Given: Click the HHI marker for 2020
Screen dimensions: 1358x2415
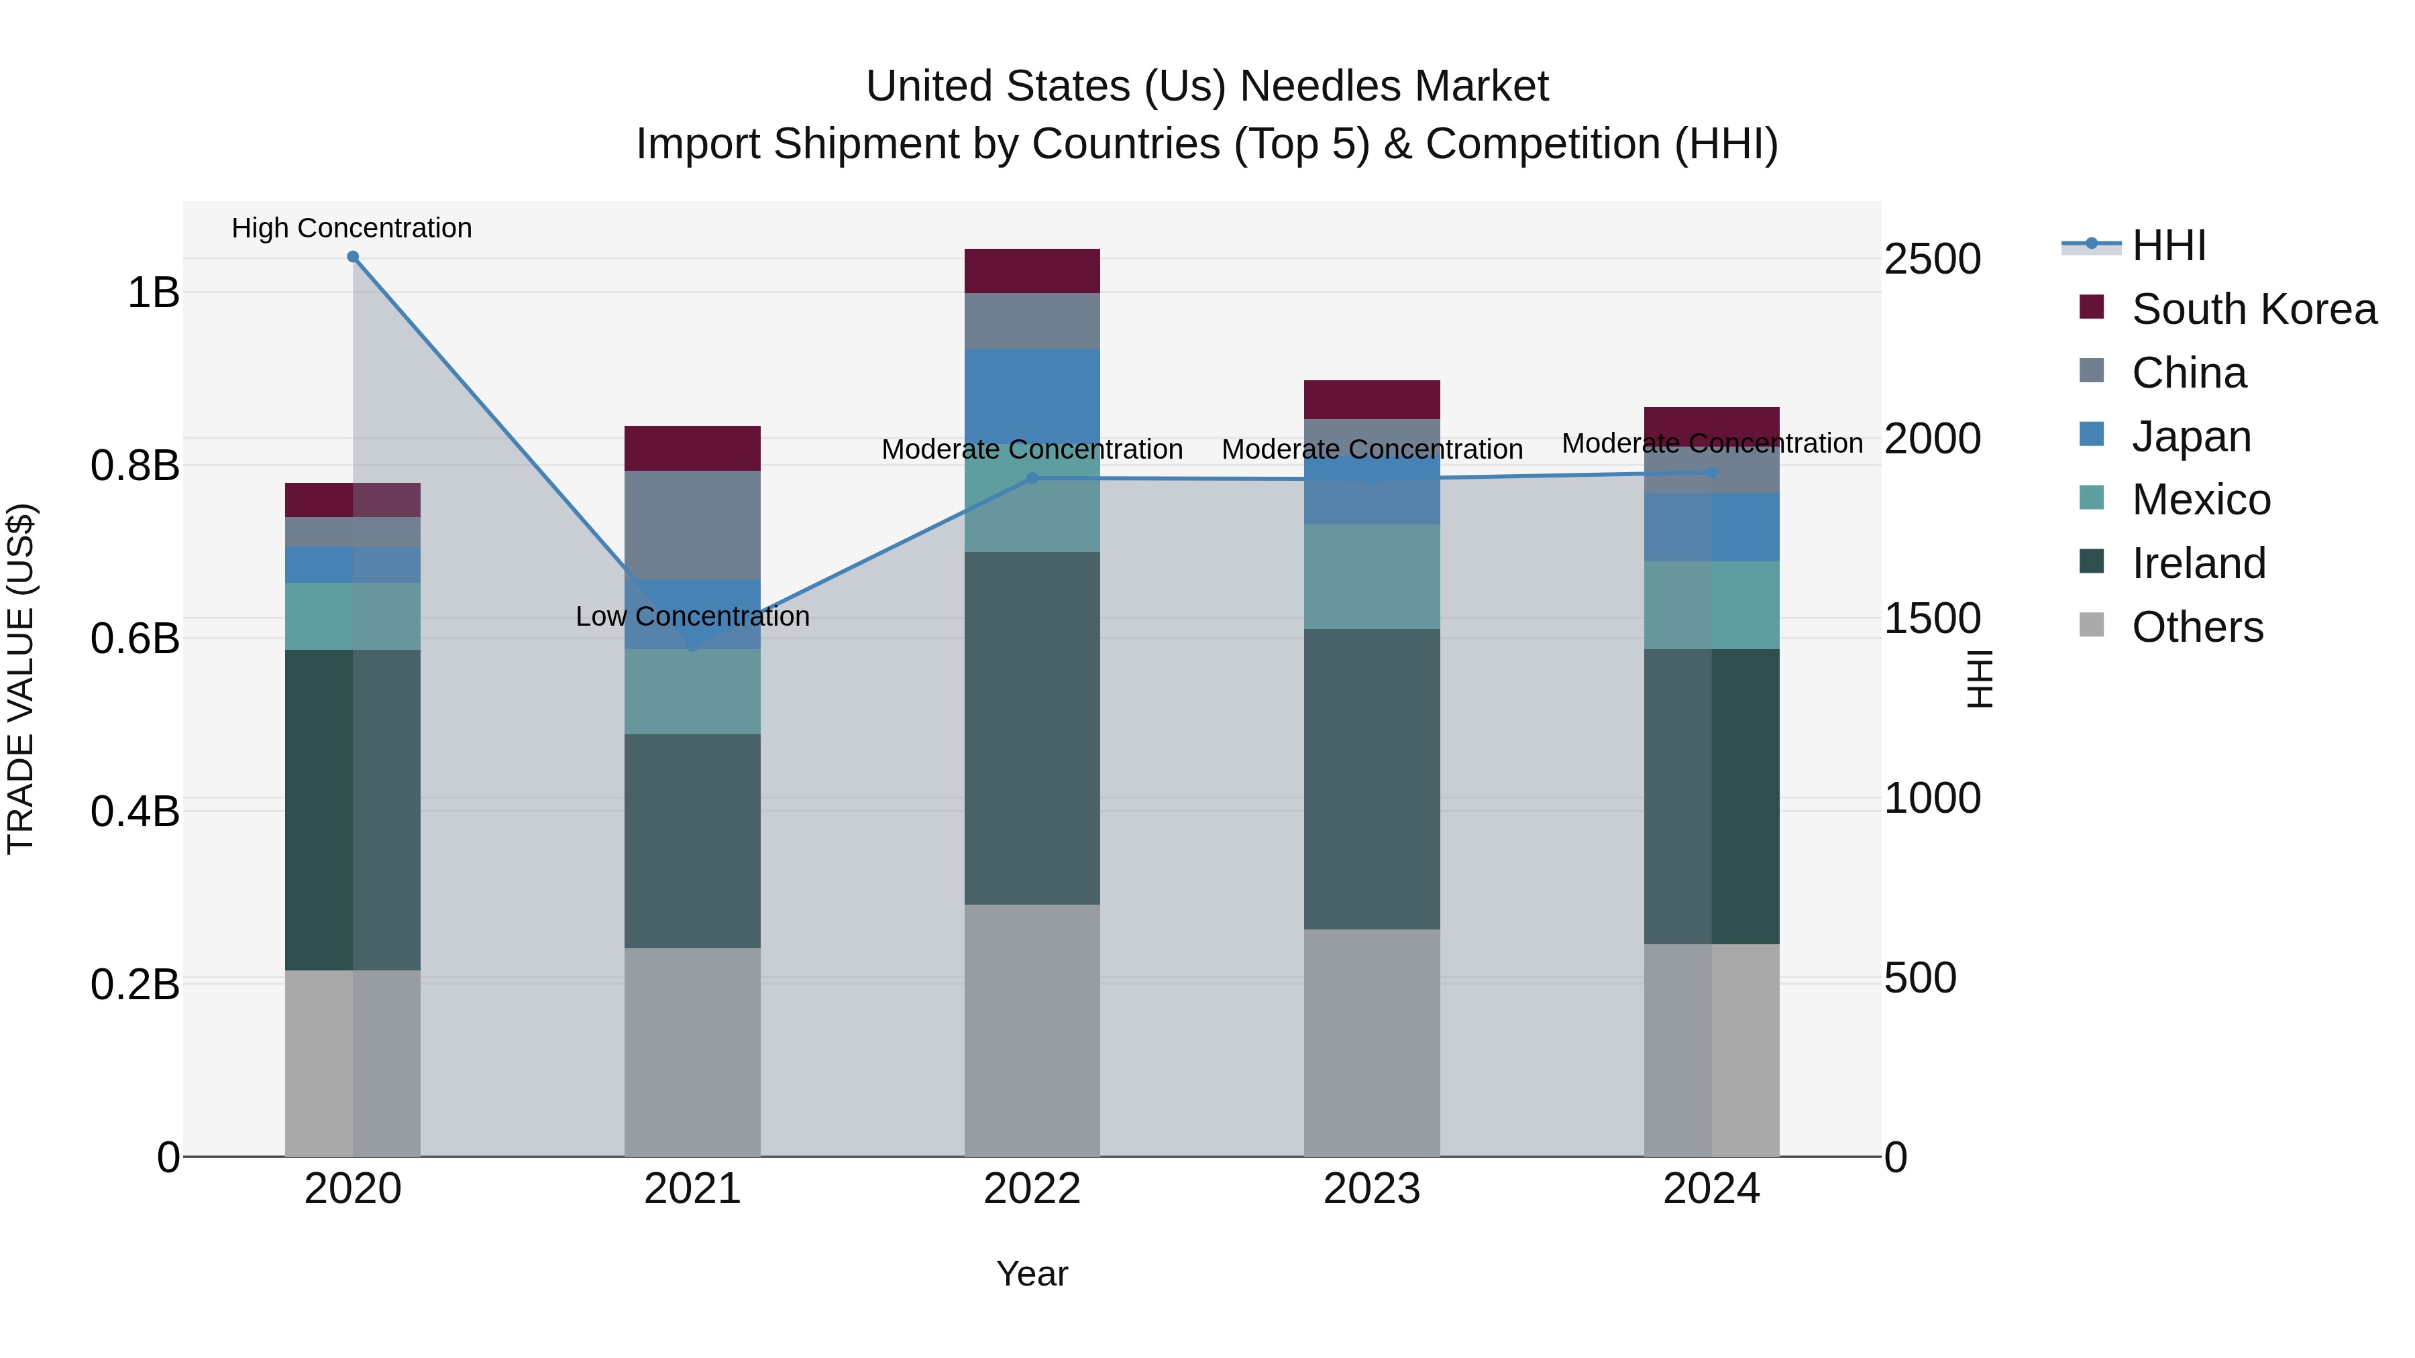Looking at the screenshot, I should [352, 257].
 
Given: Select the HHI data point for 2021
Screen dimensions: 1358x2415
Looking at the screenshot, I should [693, 646].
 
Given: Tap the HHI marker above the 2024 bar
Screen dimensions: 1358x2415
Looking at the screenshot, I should [1712, 472].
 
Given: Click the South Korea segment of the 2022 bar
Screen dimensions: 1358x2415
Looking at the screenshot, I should [1032, 271].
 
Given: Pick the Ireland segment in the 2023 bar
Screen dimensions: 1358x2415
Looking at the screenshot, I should [1372, 778].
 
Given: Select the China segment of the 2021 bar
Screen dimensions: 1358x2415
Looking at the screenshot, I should [693, 525].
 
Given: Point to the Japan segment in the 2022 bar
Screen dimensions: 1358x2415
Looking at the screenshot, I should [1032, 394].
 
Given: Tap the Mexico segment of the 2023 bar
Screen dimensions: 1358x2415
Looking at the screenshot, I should [1372, 576].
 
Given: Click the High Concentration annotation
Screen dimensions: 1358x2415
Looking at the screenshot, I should [352, 229].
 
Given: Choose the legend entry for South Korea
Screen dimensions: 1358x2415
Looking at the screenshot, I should [2254, 309].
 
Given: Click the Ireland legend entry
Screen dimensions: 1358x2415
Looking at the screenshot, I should [2198, 563].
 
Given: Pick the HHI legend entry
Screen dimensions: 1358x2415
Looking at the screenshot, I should [2167, 245].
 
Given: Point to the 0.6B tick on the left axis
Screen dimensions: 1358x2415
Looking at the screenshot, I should [135, 639].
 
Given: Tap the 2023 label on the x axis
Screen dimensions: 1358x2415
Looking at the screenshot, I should [1372, 1189].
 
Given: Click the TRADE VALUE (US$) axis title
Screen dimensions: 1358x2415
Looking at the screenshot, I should [21, 679].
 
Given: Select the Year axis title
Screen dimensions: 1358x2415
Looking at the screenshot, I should [1032, 1274].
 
